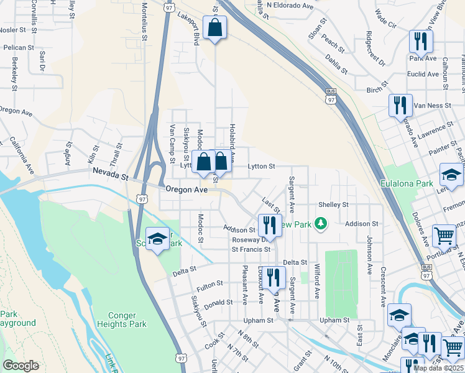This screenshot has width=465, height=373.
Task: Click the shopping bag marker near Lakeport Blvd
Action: [214, 28]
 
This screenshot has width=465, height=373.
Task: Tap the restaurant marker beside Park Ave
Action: [421, 42]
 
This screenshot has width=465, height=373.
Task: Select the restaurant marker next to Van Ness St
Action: [400, 106]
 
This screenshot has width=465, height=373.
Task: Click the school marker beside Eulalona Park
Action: [451, 175]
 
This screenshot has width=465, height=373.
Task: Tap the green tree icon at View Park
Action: [320, 223]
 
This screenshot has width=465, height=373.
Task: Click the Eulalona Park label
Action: [407, 183]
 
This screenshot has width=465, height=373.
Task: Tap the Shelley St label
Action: [333, 205]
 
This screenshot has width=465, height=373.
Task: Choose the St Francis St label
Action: [251, 249]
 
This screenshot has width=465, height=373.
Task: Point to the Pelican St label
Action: [18, 47]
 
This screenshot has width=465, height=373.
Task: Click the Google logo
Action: [21, 366]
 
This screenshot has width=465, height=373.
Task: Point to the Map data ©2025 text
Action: [438, 368]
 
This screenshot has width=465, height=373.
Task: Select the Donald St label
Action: [218, 302]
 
